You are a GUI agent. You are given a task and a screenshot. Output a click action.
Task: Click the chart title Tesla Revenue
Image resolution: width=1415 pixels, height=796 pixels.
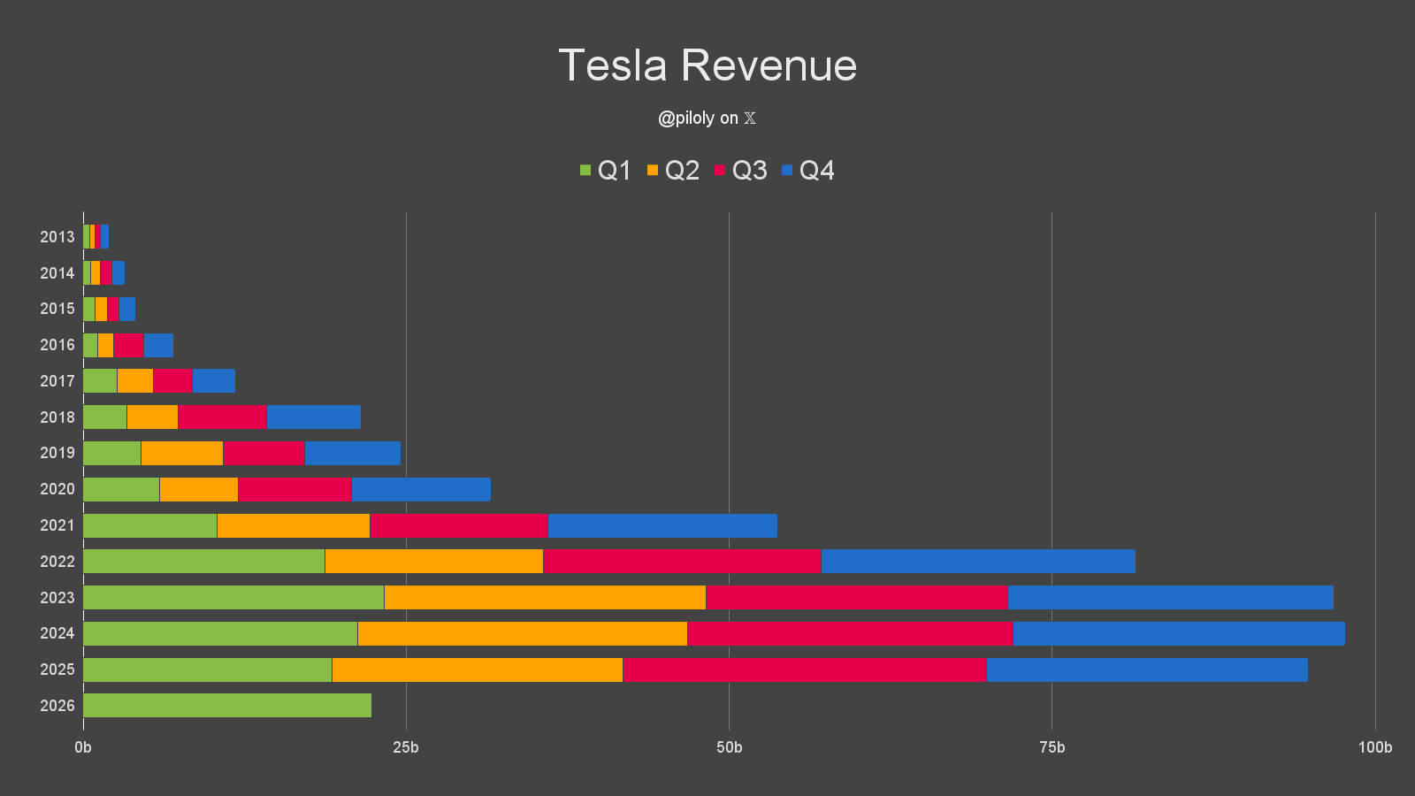coord(707,65)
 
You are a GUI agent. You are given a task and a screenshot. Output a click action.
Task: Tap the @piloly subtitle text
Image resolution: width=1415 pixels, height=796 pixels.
coord(707,118)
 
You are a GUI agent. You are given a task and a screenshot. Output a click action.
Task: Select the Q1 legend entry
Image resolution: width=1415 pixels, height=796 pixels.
coord(606,170)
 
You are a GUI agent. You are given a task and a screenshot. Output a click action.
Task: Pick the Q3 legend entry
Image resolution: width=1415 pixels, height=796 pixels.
coord(741,170)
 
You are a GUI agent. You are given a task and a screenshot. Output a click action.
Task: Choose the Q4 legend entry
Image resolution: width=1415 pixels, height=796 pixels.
coord(808,170)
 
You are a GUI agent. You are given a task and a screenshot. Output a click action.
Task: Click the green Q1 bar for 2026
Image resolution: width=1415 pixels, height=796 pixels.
coord(227,705)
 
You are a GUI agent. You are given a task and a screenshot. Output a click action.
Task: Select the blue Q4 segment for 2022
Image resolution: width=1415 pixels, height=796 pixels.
coord(977,561)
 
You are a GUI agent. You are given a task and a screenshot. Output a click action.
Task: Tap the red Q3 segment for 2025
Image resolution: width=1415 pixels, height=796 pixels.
coord(805,670)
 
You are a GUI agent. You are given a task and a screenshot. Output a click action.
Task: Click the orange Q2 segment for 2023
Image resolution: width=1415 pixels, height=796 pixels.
coord(545,597)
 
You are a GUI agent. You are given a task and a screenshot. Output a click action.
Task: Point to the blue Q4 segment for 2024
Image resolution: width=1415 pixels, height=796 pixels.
coord(1179,633)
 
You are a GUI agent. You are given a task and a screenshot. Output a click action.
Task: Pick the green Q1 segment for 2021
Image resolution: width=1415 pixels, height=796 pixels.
coord(150,525)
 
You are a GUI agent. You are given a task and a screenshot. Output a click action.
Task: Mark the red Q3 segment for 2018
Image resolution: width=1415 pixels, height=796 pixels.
coord(222,417)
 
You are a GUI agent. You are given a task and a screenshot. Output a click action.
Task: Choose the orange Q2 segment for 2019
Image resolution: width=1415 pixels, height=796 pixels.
coord(182,453)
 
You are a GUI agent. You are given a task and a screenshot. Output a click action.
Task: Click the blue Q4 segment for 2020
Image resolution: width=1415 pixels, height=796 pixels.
coord(421,489)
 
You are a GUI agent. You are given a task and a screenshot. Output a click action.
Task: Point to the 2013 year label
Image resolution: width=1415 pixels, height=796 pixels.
coord(57,237)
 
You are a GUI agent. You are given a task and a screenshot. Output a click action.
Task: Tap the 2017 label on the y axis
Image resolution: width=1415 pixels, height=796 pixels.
coord(57,381)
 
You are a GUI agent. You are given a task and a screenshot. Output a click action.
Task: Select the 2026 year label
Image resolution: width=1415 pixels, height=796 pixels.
coord(57,706)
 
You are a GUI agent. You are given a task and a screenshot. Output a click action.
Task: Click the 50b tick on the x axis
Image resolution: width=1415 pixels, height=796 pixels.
coord(729,747)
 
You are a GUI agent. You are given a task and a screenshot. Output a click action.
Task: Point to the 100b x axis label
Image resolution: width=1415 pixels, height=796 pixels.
coord(1374,747)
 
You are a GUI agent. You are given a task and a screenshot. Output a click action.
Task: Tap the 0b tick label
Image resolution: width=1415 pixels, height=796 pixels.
coord(83,747)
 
